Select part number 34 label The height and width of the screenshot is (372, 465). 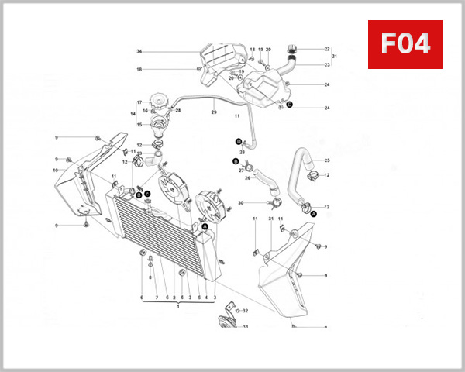139,51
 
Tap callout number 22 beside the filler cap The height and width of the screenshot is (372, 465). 327,49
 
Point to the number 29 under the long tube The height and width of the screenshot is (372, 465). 214,113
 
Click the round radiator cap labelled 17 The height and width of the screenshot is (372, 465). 160,101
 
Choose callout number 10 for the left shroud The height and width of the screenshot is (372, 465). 56,170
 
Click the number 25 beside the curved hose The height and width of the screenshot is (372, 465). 327,160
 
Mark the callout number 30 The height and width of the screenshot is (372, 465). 240,203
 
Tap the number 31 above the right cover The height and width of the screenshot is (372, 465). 270,219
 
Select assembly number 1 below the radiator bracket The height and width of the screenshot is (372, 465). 178,307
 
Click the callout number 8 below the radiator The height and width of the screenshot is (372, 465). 150,277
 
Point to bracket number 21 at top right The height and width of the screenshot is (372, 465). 335,57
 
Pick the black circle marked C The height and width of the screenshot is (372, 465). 147,195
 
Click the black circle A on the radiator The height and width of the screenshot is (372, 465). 205,226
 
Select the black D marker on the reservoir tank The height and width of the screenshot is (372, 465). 289,104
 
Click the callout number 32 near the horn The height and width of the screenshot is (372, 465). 246,311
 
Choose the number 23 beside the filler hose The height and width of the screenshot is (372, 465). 327,65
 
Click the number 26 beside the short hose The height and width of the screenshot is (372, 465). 247,177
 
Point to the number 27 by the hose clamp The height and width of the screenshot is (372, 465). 241,169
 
